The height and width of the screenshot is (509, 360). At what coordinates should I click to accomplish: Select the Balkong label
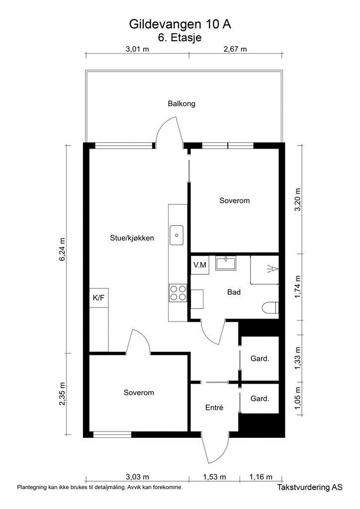tap(181, 104)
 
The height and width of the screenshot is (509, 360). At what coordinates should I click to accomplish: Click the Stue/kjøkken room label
tap(132, 238)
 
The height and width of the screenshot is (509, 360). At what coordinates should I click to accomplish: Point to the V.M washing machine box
tap(200, 265)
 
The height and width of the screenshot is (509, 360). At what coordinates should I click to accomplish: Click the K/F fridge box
tap(98, 298)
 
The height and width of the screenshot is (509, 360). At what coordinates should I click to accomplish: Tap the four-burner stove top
tap(178, 292)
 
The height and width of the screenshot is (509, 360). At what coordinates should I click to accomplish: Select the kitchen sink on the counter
tap(177, 236)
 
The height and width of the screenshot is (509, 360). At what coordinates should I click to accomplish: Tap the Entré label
tap(214, 408)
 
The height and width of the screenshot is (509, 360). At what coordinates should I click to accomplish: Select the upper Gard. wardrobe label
tap(260, 358)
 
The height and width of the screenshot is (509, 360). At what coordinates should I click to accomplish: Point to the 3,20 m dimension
tap(298, 200)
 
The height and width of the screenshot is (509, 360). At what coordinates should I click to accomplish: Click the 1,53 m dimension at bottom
tap(214, 477)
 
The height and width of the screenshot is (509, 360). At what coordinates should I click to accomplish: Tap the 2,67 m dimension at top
tap(235, 49)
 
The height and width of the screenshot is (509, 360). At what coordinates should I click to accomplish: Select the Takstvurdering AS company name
tap(310, 489)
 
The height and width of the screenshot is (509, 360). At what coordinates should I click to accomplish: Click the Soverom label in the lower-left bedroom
tap(139, 393)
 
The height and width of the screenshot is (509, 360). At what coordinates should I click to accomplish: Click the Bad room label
tap(234, 292)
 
